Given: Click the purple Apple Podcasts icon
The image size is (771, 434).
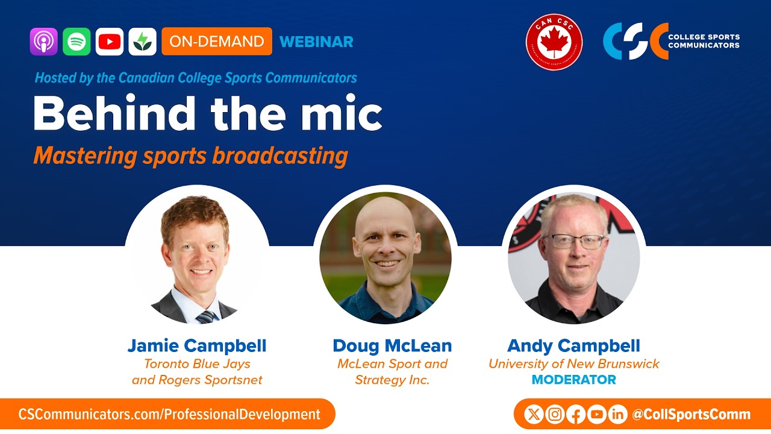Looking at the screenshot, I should pos(44,42).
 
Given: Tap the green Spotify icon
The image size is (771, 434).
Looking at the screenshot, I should pos(76,42).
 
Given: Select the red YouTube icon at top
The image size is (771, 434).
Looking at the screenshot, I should pos(110,42).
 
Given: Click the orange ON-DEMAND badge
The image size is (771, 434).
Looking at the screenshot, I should pos(217,42).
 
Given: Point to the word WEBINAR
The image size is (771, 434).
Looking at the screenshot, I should pos(316,42).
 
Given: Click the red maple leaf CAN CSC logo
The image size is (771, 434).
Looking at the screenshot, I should pos(554,42).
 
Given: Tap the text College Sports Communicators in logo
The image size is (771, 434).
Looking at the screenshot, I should pos(704,41).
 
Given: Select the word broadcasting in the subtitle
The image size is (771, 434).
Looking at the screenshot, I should pos(279,156).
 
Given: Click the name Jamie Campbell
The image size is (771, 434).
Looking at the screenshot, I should pos(197,346).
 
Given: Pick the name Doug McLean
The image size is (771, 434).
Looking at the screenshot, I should pos(392,346).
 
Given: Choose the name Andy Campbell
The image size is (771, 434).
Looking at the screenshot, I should pos(573,346).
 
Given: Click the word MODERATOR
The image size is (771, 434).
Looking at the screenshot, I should pos(573,380).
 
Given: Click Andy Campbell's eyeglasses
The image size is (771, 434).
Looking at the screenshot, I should pos(573,242).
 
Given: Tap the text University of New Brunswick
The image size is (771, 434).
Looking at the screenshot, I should pos(573,364).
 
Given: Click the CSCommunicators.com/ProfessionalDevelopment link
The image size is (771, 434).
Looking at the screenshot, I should pos(169,415).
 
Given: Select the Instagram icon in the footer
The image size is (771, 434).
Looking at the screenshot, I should pos(555,414).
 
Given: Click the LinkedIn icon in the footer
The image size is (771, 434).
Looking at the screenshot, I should pos(617,414).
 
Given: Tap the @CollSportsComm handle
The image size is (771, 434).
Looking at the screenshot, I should pos(691,415).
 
